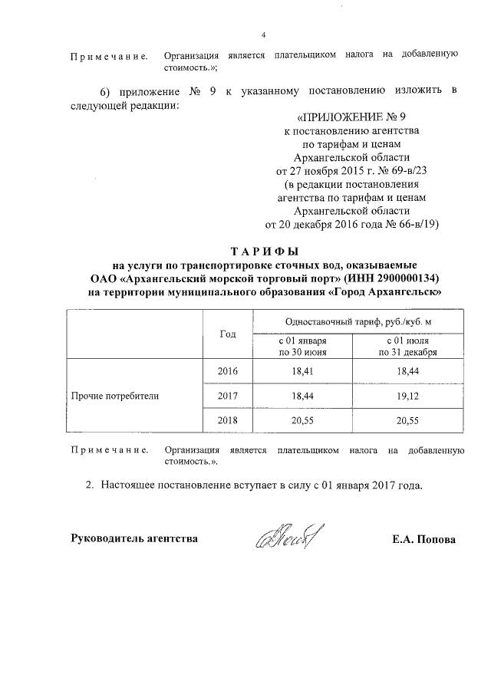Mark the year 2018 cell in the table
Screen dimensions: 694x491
(x=228, y=421)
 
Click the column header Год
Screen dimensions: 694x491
(x=228, y=334)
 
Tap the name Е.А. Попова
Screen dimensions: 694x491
(x=423, y=539)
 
